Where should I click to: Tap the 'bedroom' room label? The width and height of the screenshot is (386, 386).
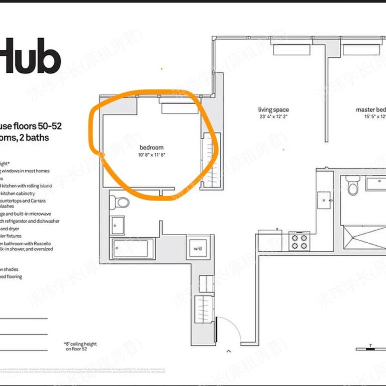[x=152, y=148]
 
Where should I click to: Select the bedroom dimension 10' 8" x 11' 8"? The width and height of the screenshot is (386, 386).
[x=152, y=155]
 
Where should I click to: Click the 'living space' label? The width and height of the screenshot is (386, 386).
[x=273, y=110]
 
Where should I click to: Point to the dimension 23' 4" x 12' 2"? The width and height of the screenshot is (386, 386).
[x=273, y=117]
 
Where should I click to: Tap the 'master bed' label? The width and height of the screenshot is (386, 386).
[x=370, y=110]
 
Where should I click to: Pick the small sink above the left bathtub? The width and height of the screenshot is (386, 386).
[x=118, y=225]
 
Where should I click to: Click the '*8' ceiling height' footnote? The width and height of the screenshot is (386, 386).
[x=80, y=346]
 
